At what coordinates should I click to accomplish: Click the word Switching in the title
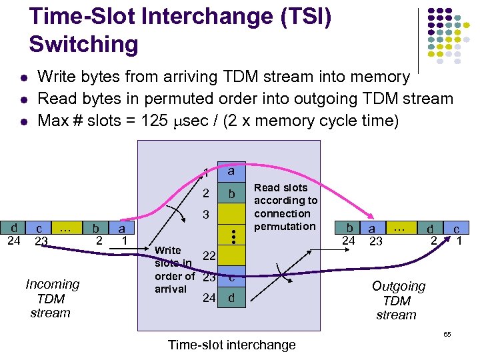tap(83, 44)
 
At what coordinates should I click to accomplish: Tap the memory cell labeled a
tap(231, 171)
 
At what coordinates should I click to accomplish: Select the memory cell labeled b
tap(231, 194)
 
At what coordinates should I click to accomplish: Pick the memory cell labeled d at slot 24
tap(231, 298)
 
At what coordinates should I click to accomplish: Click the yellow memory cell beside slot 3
tap(231, 215)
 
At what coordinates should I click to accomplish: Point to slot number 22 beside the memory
tap(208, 256)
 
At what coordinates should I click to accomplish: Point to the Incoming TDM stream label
tap(52, 298)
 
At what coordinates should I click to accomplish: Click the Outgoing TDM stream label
tap(398, 300)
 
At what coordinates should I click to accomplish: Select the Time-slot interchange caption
tap(231, 344)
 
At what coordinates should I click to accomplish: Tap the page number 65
tap(447, 333)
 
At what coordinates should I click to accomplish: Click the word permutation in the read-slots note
tap(285, 226)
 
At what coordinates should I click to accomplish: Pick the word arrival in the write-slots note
tap(171, 289)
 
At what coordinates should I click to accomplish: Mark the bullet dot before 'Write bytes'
tap(23, 78)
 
